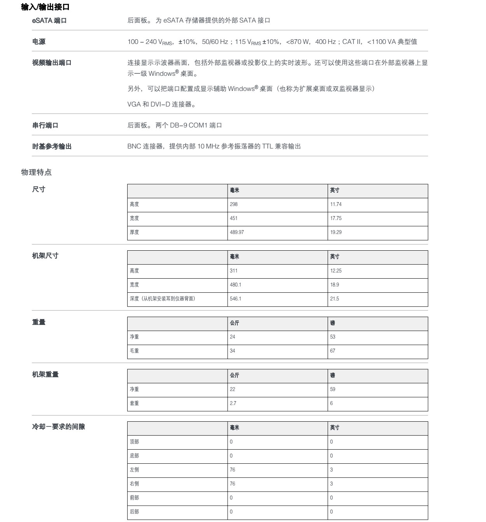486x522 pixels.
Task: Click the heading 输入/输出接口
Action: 45,7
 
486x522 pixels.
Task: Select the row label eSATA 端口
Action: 49,21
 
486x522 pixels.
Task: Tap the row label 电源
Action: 39,42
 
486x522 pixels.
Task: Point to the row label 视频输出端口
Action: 52,63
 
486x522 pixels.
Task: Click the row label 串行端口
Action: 45,125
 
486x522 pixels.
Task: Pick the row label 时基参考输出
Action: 52,147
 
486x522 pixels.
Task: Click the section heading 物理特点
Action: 36,172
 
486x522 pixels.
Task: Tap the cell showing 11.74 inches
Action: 336,204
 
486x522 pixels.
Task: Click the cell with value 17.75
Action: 336,218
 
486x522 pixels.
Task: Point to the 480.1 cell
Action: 235,285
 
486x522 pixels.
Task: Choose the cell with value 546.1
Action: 235,299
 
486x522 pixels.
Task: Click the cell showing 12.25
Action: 336,271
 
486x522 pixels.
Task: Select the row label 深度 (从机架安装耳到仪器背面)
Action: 163,299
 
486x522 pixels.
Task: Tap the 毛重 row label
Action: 134,351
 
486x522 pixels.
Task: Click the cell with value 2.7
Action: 233,403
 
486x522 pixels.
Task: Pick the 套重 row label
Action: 134,403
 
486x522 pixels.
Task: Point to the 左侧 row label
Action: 134,470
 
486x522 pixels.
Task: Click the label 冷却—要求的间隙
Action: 58,427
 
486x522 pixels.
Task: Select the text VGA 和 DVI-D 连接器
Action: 161,104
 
